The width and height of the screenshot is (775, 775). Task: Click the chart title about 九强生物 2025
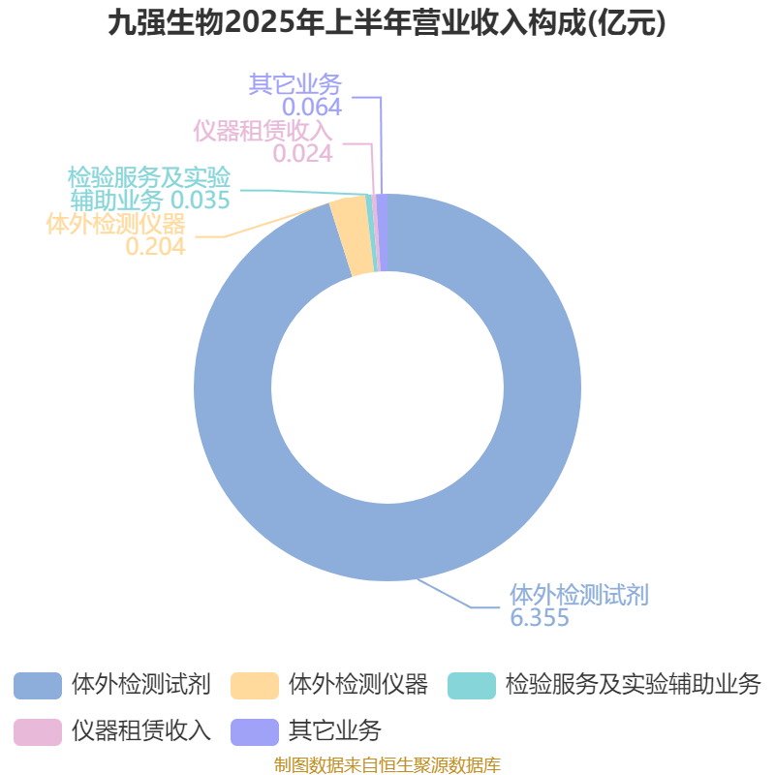click(x=387, y=23)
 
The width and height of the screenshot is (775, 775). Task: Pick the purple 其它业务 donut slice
click(x=383, y=232)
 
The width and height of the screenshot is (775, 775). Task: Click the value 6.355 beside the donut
click(x=540, y=618)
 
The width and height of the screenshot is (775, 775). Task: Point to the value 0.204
click(x=155, y=246)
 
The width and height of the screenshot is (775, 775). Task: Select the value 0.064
click(x=312, y=107)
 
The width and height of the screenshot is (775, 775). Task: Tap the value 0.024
click(x=303, y=153)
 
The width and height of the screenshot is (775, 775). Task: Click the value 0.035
click(x=201, y=200)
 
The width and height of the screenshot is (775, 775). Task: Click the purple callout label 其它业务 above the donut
click(x=295, y=84)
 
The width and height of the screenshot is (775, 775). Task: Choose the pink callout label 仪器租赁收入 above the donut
click(x=263, y=131)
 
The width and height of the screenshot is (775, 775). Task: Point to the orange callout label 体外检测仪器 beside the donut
click(x=115, y=224)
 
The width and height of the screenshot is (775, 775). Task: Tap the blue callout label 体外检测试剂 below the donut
click(x=579, y=595)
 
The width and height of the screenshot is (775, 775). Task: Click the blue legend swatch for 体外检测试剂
click(x=38, y=686)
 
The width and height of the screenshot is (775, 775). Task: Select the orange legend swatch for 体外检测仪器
click(x=255, y=686)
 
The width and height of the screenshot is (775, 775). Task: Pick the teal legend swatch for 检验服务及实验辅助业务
click(x=472, y=686)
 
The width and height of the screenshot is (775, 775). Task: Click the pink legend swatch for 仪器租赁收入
click(x=38, y=732)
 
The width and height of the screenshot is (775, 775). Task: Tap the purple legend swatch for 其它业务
click(x=255, y=732)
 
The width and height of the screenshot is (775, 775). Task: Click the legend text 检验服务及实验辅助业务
click(x=634, y=685)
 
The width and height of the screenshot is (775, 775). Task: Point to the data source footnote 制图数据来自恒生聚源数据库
click(x=387, y=764)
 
